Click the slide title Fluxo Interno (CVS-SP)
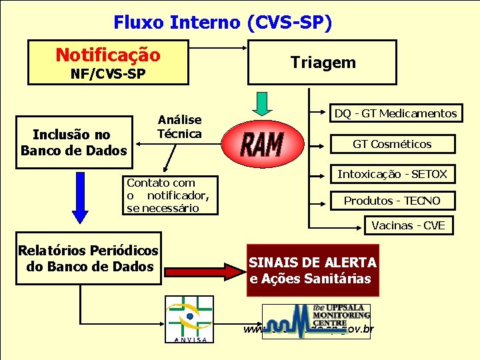pyautogui.click(x=222, y=23)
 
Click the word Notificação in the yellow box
pyautogui.click(x=107, y=54)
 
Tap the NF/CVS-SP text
pyautogui.click(x=108, y=73)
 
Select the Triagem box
pyautogui.click(x=323, y=63)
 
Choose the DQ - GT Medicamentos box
pyautogui.click(x=395, y=113)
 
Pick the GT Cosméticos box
pyautogui.click(x=392, y=144)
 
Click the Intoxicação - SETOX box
pyautogui.click(x=392, y=175)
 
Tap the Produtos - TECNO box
pyautogui.click(x=392, y=201)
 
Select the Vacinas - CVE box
pyautogui.click(x=408, y=225)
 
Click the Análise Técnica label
pyautogui.click(x=179, y=127)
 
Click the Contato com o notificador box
pyautogui.click(x=169, y=195)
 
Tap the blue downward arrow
pyautogui.click(x=80, y=197)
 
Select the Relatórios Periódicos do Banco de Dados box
pyautogui.click(x=88, y=259)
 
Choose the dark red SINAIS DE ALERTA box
pyautogui.click(x=313, y=271)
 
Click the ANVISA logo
pyautogui.click(x=189, y=319)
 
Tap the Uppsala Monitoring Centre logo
pyautogui.click(x=316, y=321)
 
